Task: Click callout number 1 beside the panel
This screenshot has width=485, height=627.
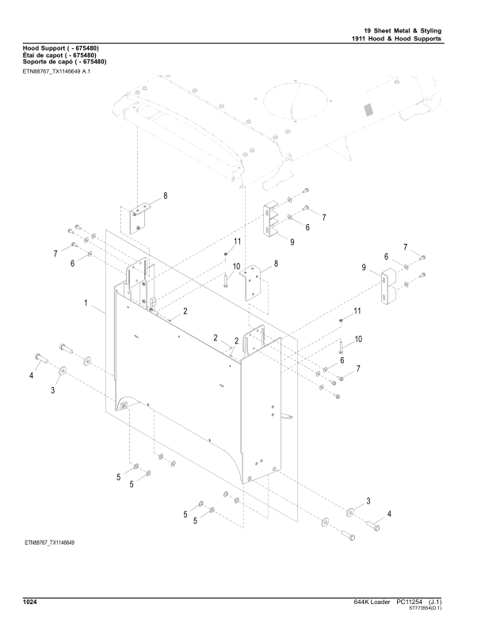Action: (85, 303)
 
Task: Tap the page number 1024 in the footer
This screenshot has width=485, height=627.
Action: (32, 602)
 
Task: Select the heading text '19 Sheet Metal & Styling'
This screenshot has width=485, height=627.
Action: (397, 30)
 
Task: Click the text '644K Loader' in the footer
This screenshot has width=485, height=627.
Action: (369, 602)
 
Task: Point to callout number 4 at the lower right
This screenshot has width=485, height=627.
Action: (388, 515)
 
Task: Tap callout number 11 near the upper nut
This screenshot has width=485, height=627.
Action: (236, 241)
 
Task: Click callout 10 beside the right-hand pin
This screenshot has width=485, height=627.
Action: (357, 339)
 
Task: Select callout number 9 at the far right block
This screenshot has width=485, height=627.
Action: (365, 269)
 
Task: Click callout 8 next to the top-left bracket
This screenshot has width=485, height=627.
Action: (166, 196)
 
